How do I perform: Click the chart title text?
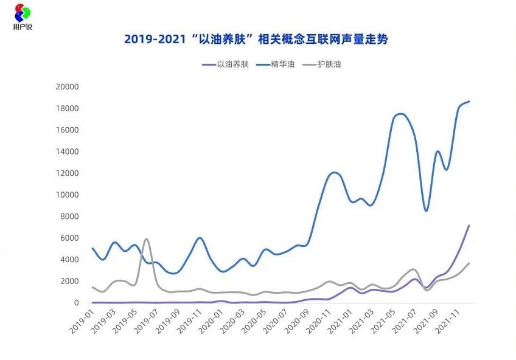pyautogui.click(x=256, y=40)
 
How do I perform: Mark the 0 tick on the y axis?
pyautogui.click(x=76, y=303)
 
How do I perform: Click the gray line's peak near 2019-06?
pyautogui.click(x=146, y=239)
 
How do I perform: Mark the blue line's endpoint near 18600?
pyautogui.click(x=469, y=102)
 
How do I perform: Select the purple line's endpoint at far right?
pyautogui.click(x=469, y=226)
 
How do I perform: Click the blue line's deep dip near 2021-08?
pyautogui.click(x=427, y=211)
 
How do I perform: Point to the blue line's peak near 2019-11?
pyautogui.click(x=200, y=238)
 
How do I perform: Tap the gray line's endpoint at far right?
pyautogui.click(x=469, y=263)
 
